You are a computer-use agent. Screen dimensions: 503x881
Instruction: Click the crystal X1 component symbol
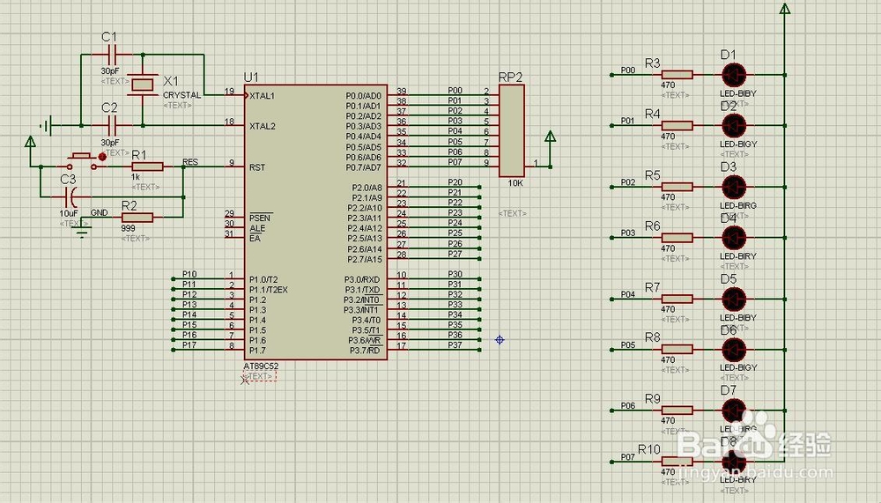[x=143, y=84]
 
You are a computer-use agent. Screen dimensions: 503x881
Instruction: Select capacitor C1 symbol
[x=109, y=55]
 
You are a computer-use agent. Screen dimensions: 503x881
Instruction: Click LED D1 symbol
[x=733, y=74]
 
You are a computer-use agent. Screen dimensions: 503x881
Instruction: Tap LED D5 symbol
[x=733, y=298]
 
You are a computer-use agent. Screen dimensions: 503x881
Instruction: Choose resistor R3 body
[x=677, y=75]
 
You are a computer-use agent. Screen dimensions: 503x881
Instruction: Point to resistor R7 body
[x=677, y=299]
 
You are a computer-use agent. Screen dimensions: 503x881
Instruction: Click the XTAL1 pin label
[x=263, y=95]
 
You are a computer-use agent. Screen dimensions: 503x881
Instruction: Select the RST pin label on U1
[x=257, y=166]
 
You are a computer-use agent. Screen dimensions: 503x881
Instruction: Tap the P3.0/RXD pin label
[x=362, y=279]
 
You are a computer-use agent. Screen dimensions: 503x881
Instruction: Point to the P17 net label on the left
[x=189, y=345]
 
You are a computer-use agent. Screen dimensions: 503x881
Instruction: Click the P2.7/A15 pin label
[x=362, y=259]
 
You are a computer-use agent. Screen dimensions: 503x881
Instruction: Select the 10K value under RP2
[x=515, y=183]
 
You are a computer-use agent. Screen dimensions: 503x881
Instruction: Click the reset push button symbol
[x=81, y=160]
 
